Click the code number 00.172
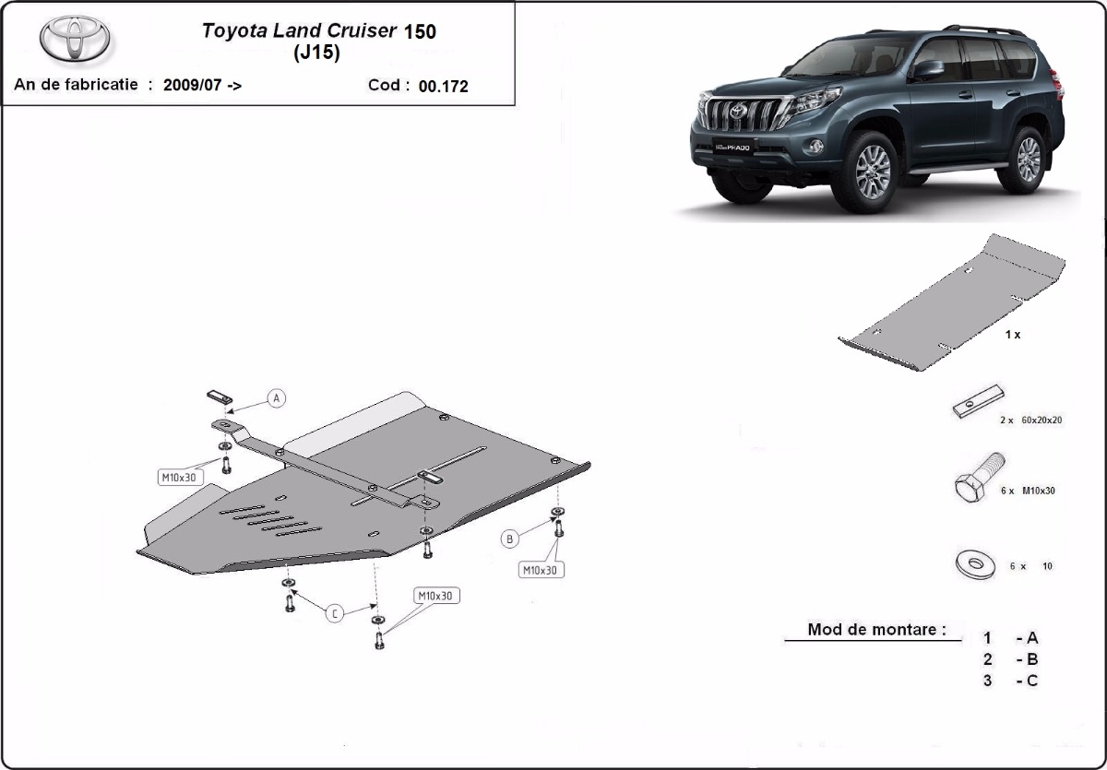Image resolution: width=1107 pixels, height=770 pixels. (443, 87)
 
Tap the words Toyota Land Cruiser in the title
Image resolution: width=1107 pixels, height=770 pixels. (300, 30)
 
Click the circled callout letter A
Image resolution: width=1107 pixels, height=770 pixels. (276, 398)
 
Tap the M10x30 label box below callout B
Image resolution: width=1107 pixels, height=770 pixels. (541, 571)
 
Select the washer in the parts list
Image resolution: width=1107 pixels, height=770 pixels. (975, 564)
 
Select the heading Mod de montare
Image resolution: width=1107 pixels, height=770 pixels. (876, 630)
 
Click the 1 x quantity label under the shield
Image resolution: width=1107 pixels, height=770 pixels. (1012, 335)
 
